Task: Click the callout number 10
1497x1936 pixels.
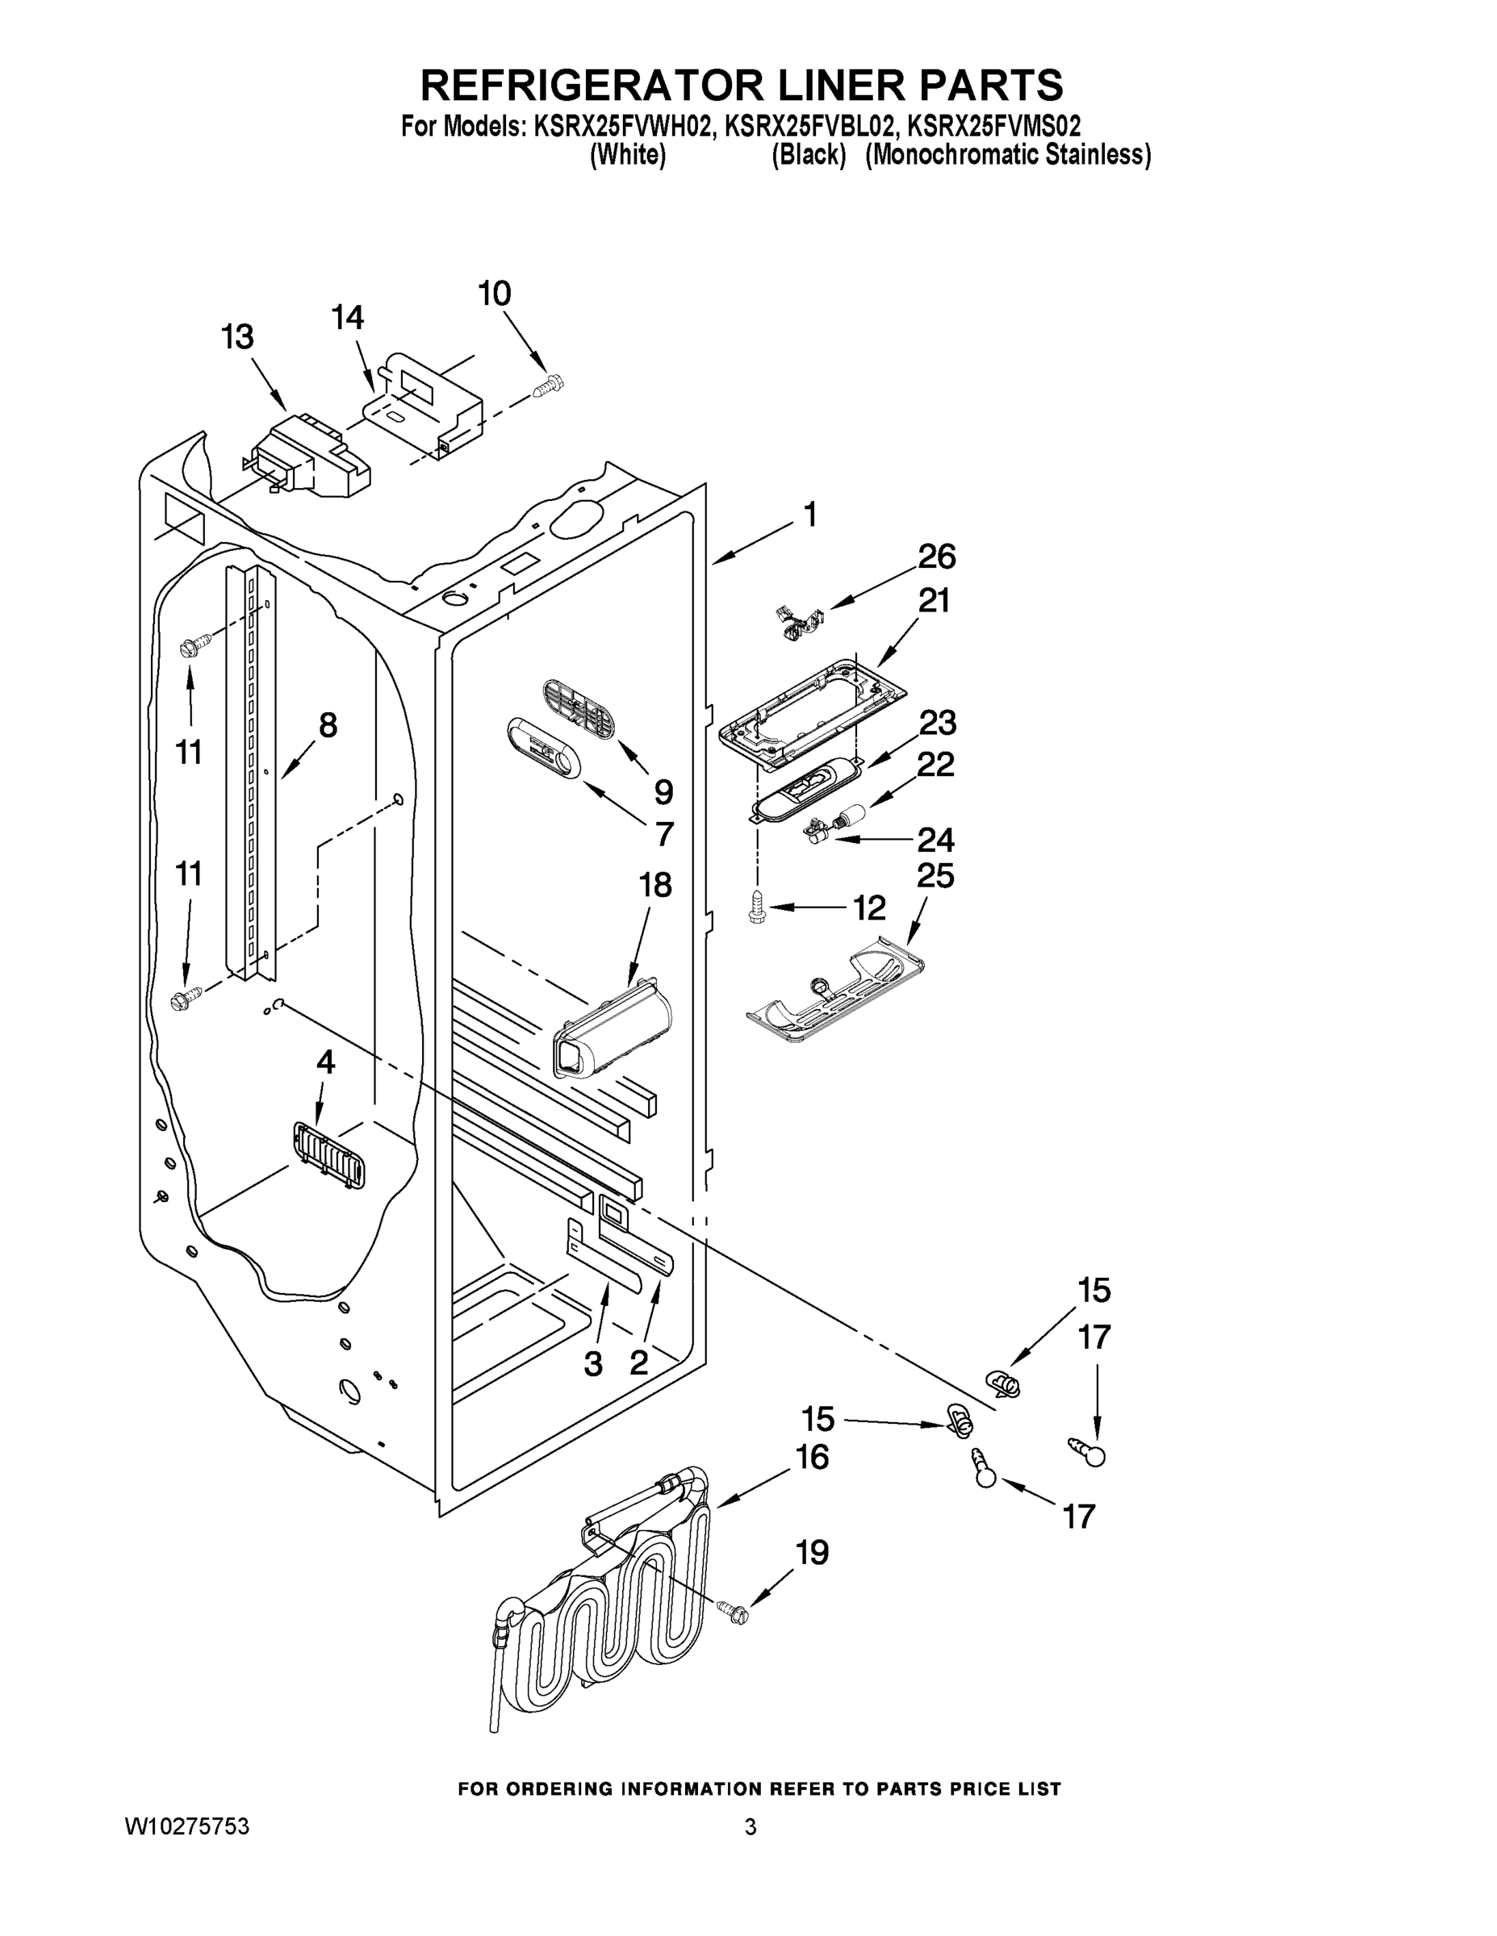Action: [495, 294]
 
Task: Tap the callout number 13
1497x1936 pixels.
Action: [236, 337]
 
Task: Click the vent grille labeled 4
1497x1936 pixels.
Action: [328, 1154]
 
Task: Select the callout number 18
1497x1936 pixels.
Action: [654, 885]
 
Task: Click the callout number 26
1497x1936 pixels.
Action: [936, 557]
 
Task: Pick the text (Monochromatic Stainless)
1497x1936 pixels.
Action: [1007, 155]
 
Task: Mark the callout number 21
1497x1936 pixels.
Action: [933, 601]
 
